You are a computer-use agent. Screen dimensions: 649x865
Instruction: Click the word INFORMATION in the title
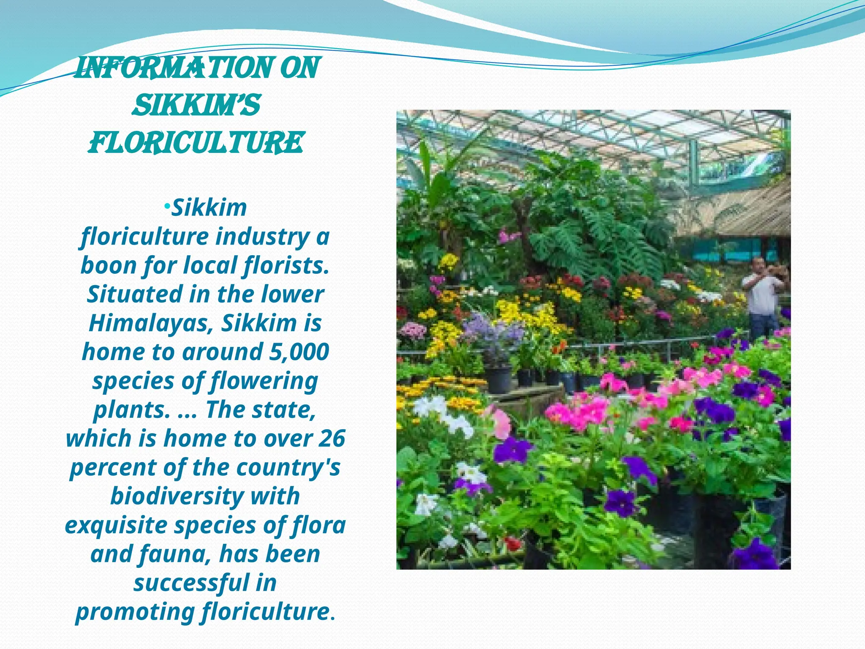click(175, 68)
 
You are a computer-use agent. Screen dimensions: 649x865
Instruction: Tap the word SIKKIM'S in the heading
click(196, 105)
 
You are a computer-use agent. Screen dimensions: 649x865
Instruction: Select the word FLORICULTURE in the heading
click(196, 142)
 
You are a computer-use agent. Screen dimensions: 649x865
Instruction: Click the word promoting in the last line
click(135, 612)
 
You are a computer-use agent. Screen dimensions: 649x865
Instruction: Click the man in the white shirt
click(762, 298)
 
